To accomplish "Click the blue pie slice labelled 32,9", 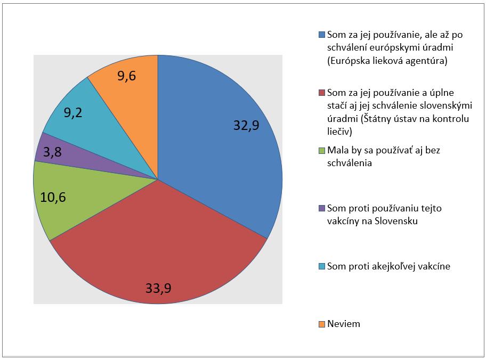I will pos(224,149).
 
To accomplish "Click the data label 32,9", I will pos(247,125).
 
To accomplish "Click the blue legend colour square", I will pos(321,35).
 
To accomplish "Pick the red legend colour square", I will pos(321,93).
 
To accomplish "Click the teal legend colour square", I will pos(321,266).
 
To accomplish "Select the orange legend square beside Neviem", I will pos(321,324).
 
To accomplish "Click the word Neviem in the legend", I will pos(344,324).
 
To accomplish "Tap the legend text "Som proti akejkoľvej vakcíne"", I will pos(388,266).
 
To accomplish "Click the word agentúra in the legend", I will pos(426,61).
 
